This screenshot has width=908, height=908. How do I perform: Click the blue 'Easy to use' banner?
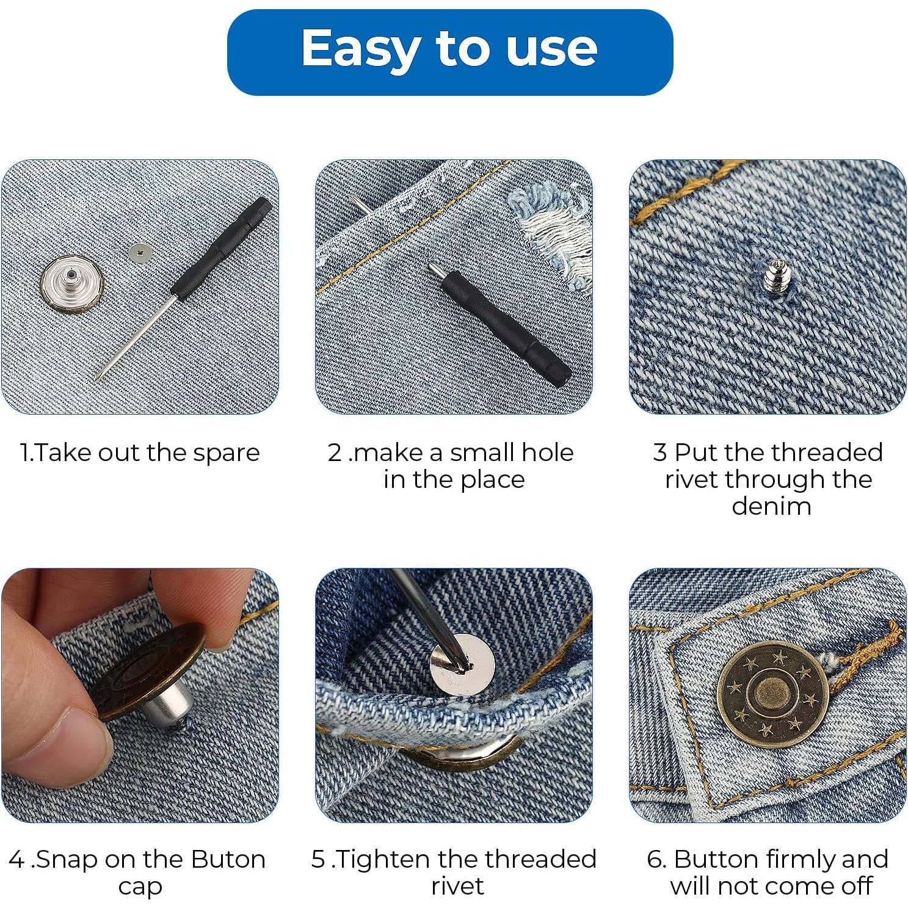[449, 51]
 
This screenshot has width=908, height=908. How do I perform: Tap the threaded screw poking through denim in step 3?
[775, 274]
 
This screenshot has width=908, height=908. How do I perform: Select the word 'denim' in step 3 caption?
[771, 506]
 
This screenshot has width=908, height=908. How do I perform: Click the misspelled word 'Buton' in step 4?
[228, 860]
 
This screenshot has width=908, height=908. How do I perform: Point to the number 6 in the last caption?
[655, 860]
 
